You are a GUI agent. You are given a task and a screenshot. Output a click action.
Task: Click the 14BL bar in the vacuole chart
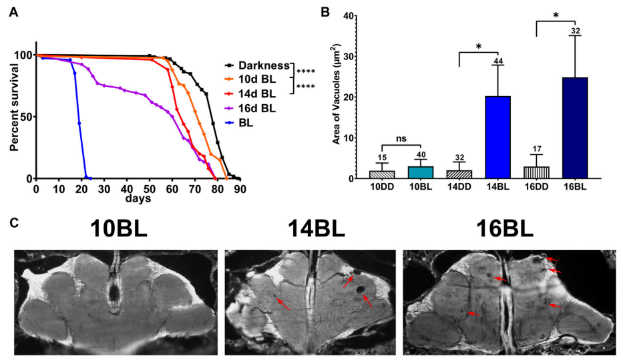tap(498, 138)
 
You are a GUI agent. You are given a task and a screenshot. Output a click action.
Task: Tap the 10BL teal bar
tap(421, 172)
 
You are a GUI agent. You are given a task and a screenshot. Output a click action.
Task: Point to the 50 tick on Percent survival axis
tap(27, 117)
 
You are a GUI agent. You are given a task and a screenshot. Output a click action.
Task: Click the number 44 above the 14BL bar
tap(498, 60)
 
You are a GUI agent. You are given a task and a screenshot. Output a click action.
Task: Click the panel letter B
tap(325, 12)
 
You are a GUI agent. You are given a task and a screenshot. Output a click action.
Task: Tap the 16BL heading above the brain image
tap(506, 228)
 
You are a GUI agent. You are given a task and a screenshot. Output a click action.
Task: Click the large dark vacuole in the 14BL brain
tap(361, 289)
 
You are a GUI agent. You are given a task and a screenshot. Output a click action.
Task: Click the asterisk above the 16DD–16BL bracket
tap(556, 15)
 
